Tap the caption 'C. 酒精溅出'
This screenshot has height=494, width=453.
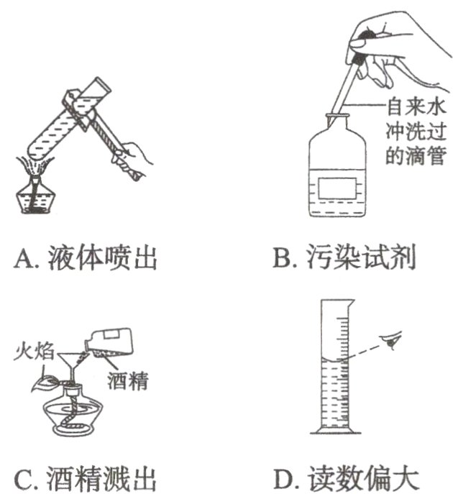click(86, 477)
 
